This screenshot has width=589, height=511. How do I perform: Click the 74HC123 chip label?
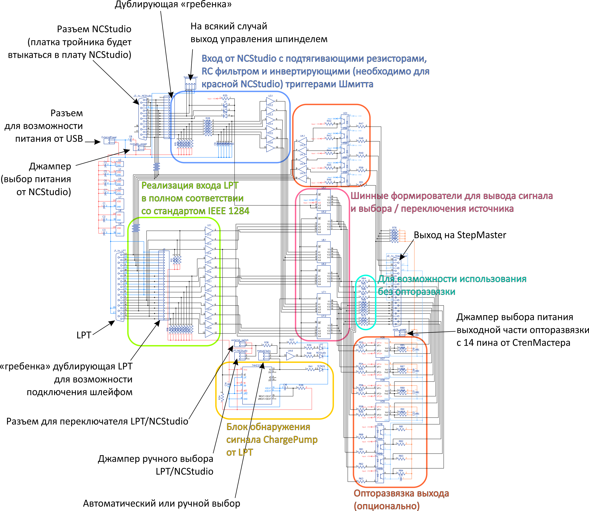(256, 365)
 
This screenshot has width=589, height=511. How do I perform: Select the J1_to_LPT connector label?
(120, 251)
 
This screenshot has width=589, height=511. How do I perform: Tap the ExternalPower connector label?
(109, 137)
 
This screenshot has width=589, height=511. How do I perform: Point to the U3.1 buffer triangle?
(270, 101)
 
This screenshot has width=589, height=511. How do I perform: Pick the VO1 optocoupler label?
(345, 113)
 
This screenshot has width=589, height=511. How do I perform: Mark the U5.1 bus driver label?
(324, 188)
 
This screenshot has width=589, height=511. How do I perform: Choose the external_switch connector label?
(240, 340)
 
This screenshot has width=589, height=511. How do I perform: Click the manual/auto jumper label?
(264, 351)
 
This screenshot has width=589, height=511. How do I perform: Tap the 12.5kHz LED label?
(321, 366)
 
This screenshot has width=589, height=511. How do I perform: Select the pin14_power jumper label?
(399, 329)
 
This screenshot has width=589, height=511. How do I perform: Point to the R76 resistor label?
(394, 228)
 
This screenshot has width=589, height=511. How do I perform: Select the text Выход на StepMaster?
(460, 235)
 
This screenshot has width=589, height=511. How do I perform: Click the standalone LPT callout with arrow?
(84, 335)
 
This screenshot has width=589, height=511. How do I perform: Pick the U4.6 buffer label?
(290, 351)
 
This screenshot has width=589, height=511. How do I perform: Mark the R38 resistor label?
(301, 385)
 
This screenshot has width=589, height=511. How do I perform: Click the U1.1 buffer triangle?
(209, 230)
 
